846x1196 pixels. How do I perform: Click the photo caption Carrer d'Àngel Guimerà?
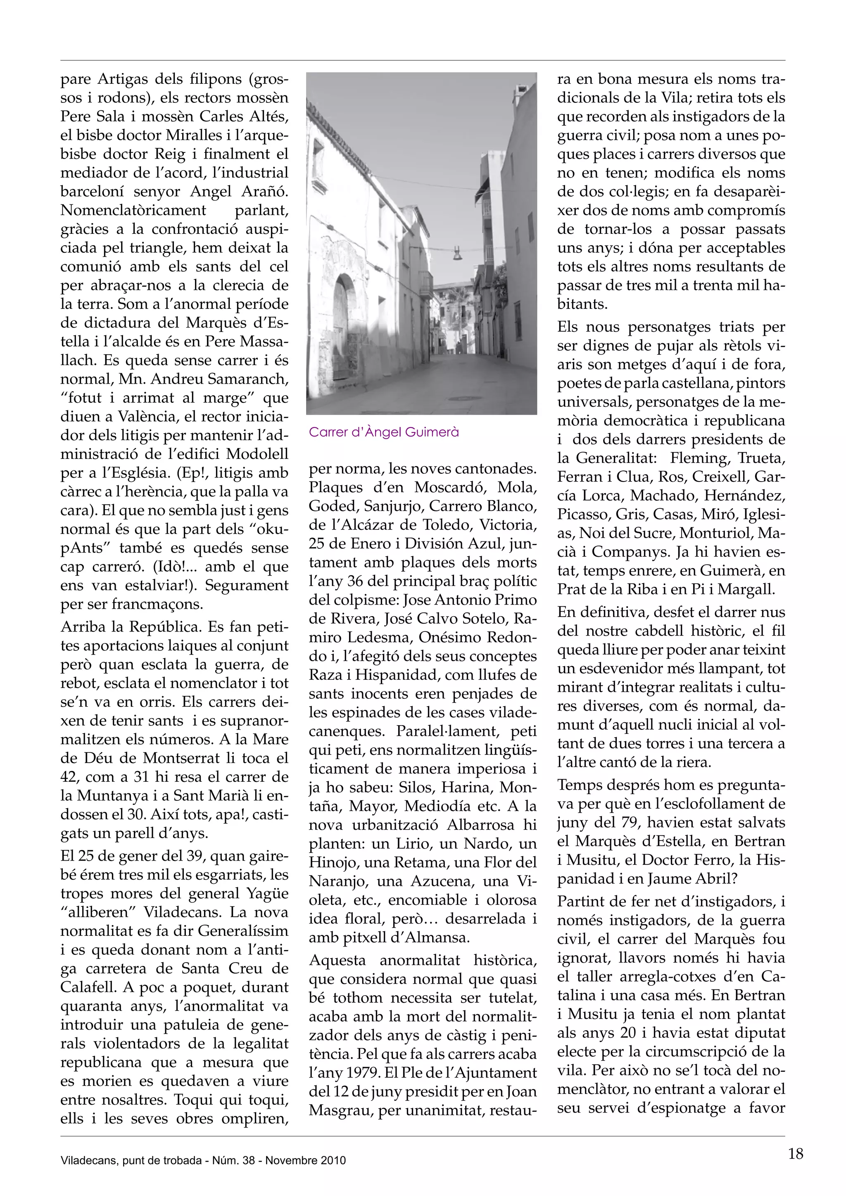[384, 432]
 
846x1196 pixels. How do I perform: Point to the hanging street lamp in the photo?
[457, 254]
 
